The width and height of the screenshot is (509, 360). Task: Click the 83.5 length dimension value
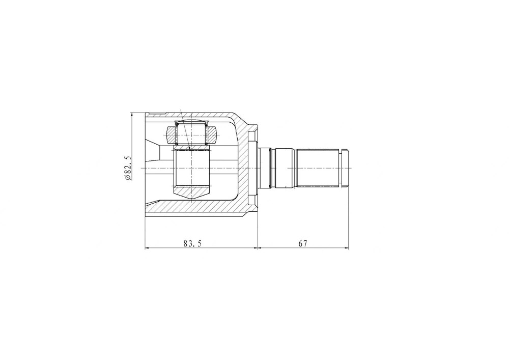coord(192,243)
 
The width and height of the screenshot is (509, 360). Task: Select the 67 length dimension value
coord(303,243)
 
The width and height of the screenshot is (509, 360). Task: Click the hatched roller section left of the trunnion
coord(171,135)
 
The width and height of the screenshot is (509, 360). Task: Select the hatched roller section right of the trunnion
coord(211,135)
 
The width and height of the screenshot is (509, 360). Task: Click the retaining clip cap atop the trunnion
coord(191,123)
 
